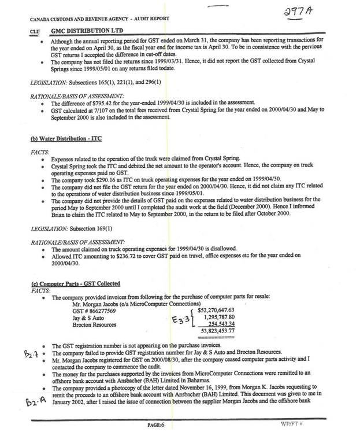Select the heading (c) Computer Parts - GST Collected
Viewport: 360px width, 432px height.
[x=75, y=283]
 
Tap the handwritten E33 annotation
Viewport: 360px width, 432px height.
[x=181, y=320]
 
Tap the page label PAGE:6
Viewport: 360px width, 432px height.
[x=156, y=424]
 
